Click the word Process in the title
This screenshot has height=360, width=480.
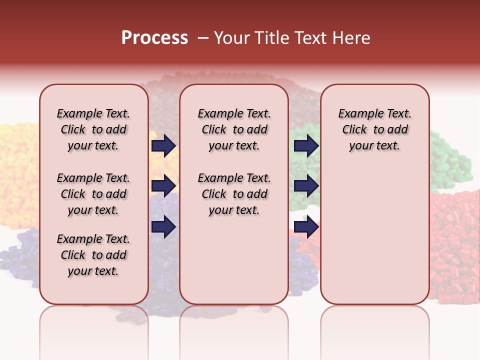[154, 38]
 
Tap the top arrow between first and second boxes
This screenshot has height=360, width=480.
[163, 145]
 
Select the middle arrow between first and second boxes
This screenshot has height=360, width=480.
[163, 186]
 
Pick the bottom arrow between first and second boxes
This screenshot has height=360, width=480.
[163, 227]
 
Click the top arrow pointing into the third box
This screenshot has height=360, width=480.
[306, 145]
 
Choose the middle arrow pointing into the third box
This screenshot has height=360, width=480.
[306, 186]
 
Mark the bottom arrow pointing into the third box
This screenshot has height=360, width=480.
[306, 227]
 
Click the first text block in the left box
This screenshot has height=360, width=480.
[93, 129]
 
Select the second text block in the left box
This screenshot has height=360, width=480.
[93, 194]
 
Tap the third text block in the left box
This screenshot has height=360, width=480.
[93, 255]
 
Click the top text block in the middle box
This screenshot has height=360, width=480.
[234, 129]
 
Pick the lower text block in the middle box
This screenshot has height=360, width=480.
[234, 194]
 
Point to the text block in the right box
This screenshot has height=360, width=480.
[374, 129]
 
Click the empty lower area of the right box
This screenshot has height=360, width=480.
[374, 235]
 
